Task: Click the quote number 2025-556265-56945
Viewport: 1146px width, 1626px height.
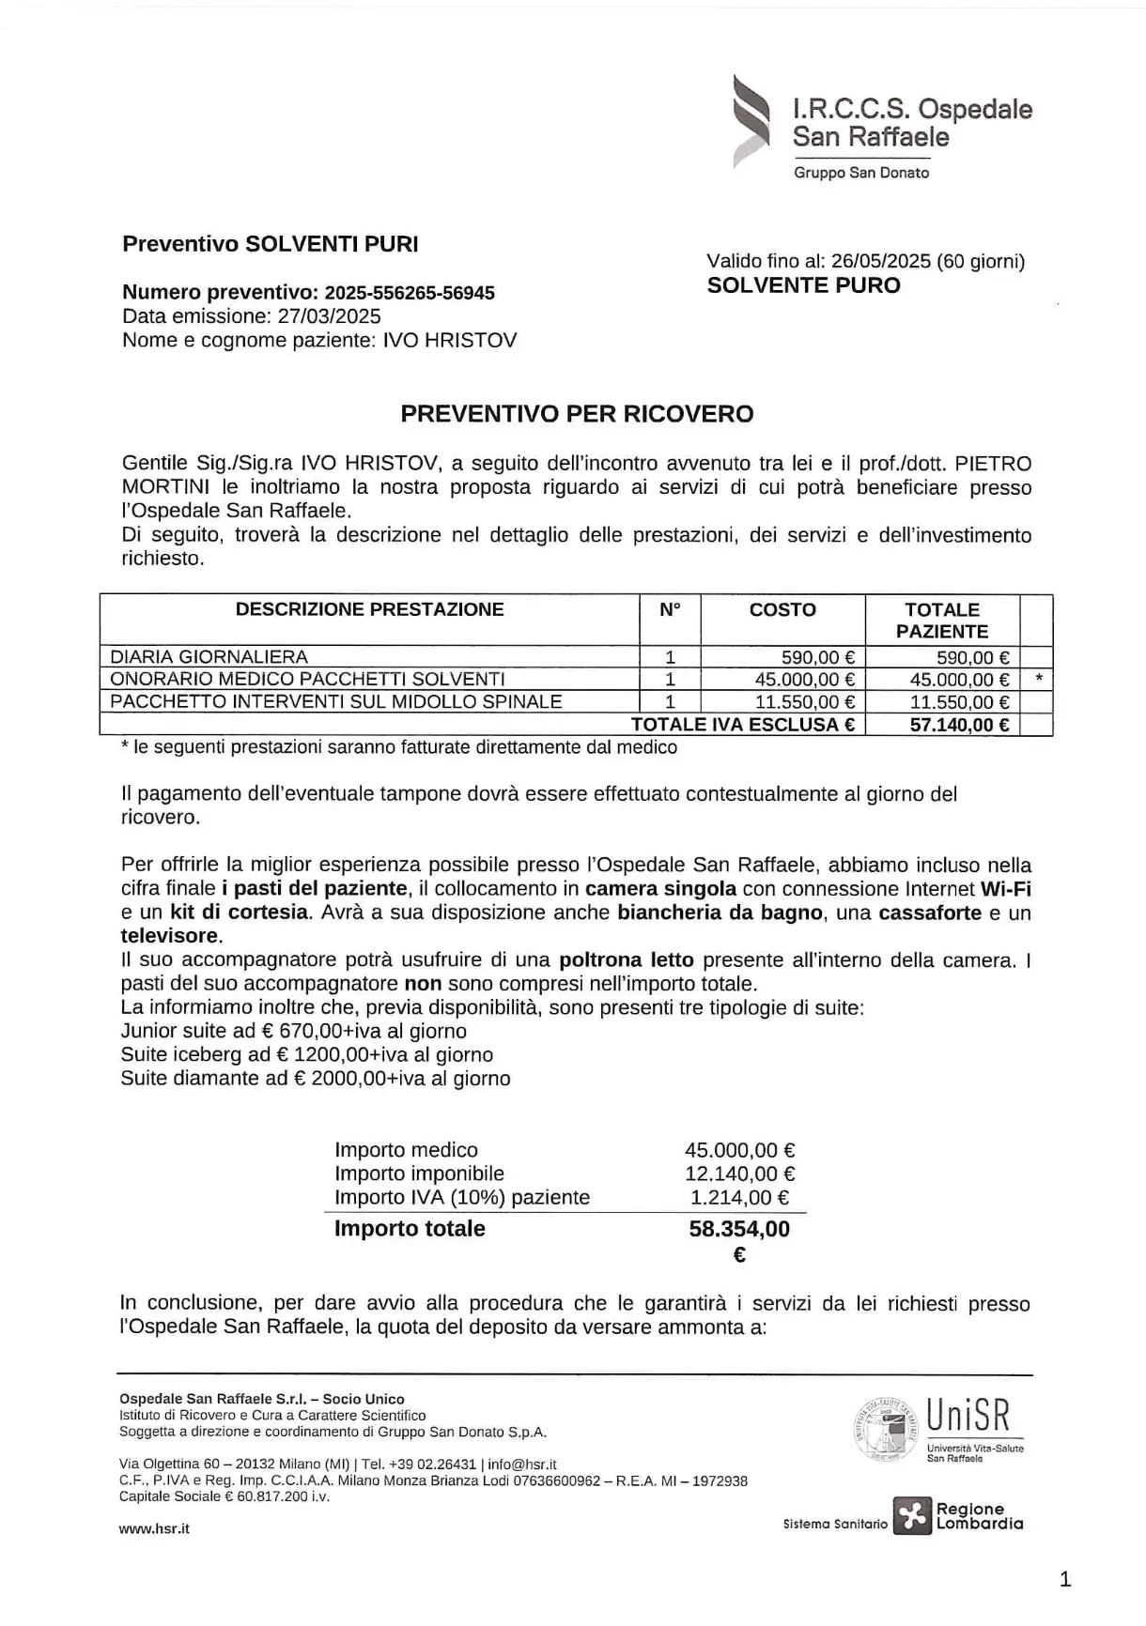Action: tap(410, 293)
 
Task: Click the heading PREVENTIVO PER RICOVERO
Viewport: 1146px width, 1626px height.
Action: tap(577, 414)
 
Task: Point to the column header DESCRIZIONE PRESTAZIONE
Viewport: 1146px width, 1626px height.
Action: tap(369, 609)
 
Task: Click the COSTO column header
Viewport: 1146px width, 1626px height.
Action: tap(782, 609)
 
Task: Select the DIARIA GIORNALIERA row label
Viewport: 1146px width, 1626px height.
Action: tap(209, 657)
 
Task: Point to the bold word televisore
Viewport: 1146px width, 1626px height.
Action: tap(169, 935)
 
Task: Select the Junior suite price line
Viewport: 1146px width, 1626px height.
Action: tap(293, 1031)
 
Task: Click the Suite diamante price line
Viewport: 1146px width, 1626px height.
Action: tap(316, 1078)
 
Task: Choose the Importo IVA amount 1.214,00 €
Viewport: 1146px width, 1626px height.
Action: tap(739, 1197)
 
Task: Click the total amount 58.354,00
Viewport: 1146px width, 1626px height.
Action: tap(739, 1229)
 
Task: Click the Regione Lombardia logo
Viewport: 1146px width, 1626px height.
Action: tap(957, 1516)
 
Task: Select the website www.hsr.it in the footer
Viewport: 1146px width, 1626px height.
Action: tap(154, 1528)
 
